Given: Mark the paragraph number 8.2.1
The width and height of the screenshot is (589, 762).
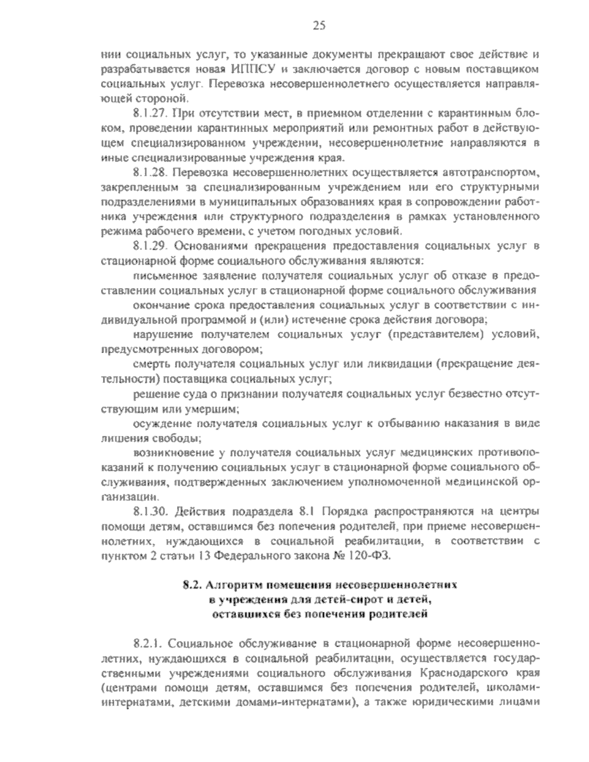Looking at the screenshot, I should pos(148,643).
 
